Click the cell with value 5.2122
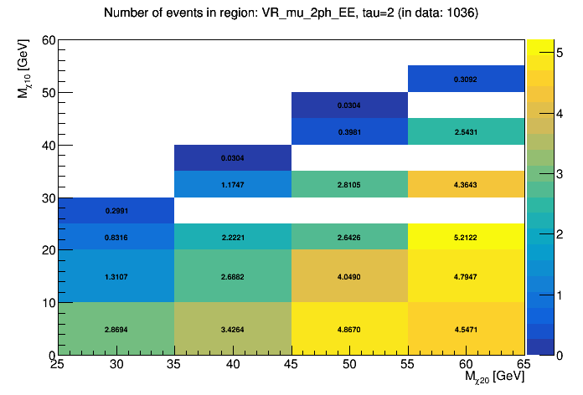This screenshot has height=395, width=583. (x=467, y=237)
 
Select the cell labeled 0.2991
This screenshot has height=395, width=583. (x=116, y=211)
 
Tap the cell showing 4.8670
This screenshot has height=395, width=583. (x=349, y=329)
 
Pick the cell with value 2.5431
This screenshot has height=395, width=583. (x=467, y=132)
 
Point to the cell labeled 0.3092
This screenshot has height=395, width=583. (x=467, y=79)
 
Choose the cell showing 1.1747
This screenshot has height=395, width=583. (x=233, y=184)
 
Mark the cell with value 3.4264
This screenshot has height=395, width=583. (x=233, y=329)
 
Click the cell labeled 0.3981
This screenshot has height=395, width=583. (x=349, y=132)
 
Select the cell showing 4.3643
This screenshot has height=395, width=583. (x=467, y=184)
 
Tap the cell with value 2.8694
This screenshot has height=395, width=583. (x=116, y=329)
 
